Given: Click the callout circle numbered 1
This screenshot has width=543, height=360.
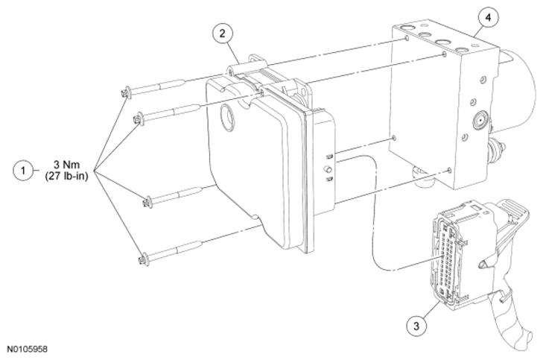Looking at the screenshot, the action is coord(23,171).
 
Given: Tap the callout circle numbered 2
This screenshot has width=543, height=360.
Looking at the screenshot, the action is coord(222,34).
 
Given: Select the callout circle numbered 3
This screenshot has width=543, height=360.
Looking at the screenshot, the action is coord(416,326).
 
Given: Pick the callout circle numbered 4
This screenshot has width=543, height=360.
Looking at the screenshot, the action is coord(489,17).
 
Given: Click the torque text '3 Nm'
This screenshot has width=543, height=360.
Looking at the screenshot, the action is coord(66,164).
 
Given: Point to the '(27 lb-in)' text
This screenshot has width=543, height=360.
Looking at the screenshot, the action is coord(66,176).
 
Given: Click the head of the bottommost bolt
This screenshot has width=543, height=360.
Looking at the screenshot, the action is coord(144,259).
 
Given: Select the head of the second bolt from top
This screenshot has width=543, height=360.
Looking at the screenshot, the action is coord(139,119).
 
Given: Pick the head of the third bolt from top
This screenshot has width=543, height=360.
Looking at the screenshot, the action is coord(147,202).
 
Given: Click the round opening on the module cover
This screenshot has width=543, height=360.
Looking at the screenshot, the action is coord(227,118).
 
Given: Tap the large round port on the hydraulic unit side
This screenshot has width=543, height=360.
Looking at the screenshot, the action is coord(480,121).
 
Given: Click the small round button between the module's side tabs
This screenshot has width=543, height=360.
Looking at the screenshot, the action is coord(328,169).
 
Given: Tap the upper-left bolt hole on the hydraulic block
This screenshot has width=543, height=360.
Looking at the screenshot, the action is coord(407,38).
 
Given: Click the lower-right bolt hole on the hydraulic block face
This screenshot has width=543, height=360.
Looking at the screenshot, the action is coord(449,170).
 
